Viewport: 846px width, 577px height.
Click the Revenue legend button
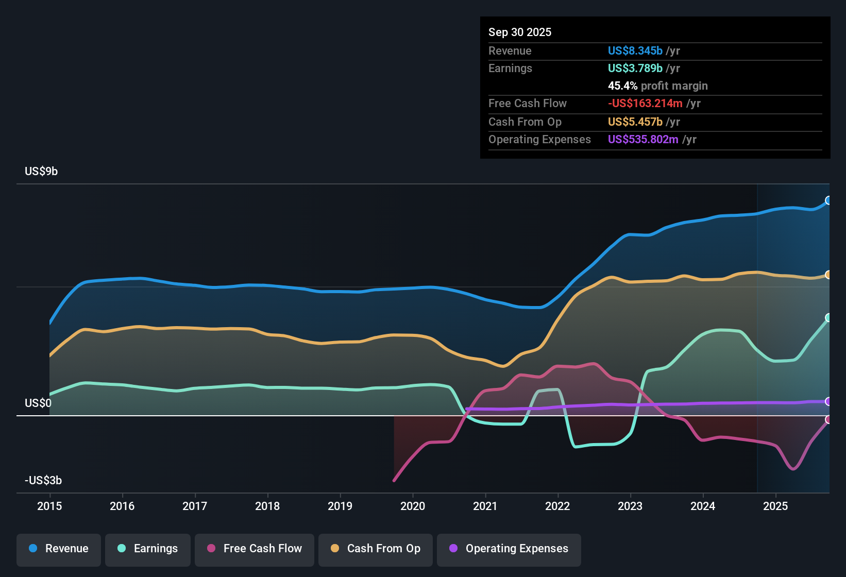(59, 549)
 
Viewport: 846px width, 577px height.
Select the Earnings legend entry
(148, 549)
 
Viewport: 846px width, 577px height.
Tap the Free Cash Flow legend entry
(255, 549)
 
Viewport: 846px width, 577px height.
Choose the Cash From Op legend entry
(376, 549)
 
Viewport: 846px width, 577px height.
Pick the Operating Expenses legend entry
(509, 549)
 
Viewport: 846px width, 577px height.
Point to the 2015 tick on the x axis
(49, 506)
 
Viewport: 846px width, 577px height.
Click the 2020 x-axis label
(413, 506)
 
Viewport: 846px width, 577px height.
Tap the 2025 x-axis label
(775, 506)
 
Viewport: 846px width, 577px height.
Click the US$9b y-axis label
(41, 172)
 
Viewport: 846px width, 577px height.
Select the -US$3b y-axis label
(43, 481)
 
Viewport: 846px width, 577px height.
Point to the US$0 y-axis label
(38, 403)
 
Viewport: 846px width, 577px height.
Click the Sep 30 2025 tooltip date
(520, 32)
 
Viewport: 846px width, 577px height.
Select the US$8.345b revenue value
(635, 51)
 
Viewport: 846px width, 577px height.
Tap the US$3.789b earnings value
(635, 69)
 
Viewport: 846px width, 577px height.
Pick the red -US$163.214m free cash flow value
(645, 104)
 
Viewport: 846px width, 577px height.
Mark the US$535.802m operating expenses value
(643, 140)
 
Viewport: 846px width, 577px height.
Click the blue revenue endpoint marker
(828, 200)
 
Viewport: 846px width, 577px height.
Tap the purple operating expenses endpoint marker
(828, 401)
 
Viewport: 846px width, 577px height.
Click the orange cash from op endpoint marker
(828, 275)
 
